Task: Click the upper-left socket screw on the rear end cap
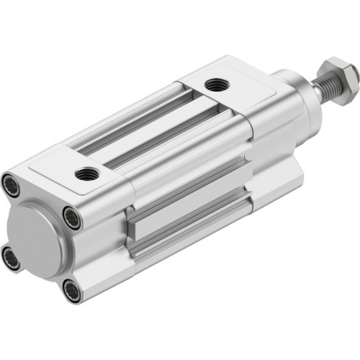pyautogui.click(x=12, y=183)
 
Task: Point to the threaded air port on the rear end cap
pyautogui.click(x=88, y=172)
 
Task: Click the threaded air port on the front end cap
pyautogui.click(x=214, y=86)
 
